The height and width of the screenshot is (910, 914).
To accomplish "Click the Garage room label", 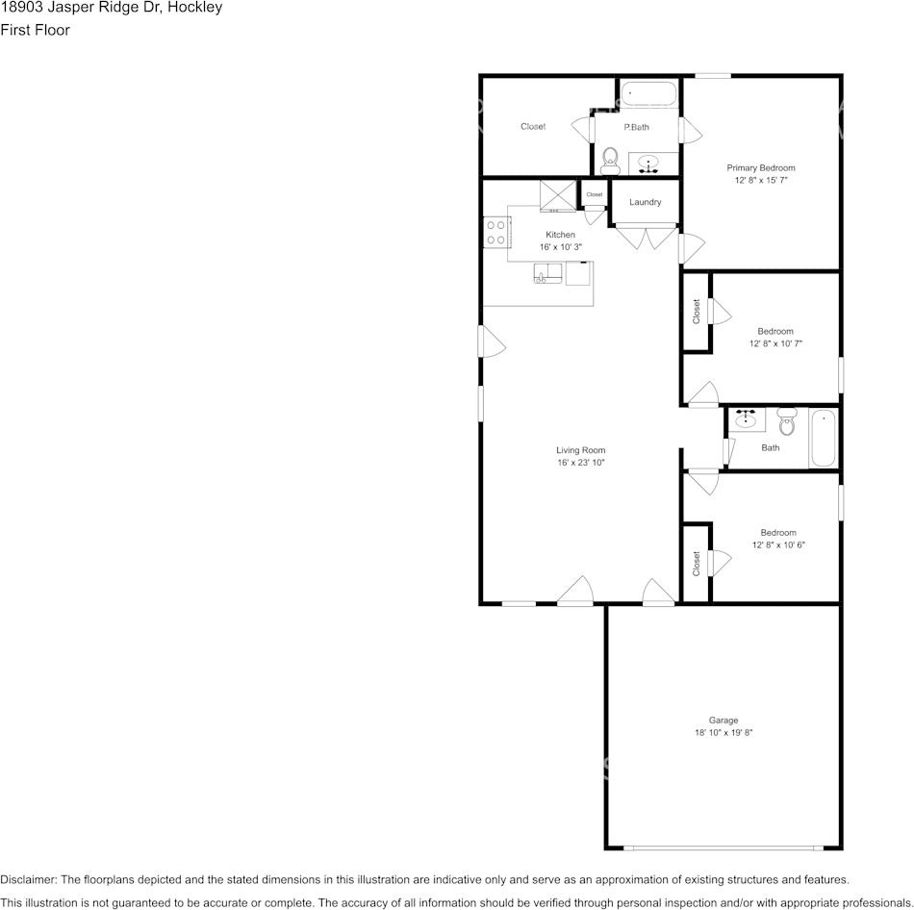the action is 724,720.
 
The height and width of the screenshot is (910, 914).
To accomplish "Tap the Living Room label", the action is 580,450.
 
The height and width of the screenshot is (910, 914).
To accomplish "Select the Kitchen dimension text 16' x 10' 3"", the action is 561,247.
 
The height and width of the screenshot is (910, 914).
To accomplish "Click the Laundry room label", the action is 646,202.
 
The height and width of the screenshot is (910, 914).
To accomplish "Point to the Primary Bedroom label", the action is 761,168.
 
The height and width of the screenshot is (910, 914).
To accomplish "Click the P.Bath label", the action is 637,127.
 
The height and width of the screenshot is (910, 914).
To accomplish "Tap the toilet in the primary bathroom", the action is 610,161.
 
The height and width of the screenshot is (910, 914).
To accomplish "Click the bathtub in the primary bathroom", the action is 648,94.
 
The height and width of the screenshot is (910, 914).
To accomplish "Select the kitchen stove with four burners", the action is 496,232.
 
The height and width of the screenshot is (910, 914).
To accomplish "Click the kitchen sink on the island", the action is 548,273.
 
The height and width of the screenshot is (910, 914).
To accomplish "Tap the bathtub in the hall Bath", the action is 824,438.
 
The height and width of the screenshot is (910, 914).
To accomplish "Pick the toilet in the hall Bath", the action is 787,422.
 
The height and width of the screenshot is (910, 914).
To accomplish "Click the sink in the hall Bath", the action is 747,418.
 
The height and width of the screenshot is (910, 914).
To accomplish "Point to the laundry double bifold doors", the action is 646,236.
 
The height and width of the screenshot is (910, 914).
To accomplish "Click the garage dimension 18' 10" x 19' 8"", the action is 724,733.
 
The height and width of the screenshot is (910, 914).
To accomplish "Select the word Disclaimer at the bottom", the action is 28,879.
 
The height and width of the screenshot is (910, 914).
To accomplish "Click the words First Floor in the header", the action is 35,30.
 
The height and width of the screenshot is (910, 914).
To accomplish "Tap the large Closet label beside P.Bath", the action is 533,127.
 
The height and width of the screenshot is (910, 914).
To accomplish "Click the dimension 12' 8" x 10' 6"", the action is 778,545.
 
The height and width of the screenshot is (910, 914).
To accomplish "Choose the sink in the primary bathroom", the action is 648,164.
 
